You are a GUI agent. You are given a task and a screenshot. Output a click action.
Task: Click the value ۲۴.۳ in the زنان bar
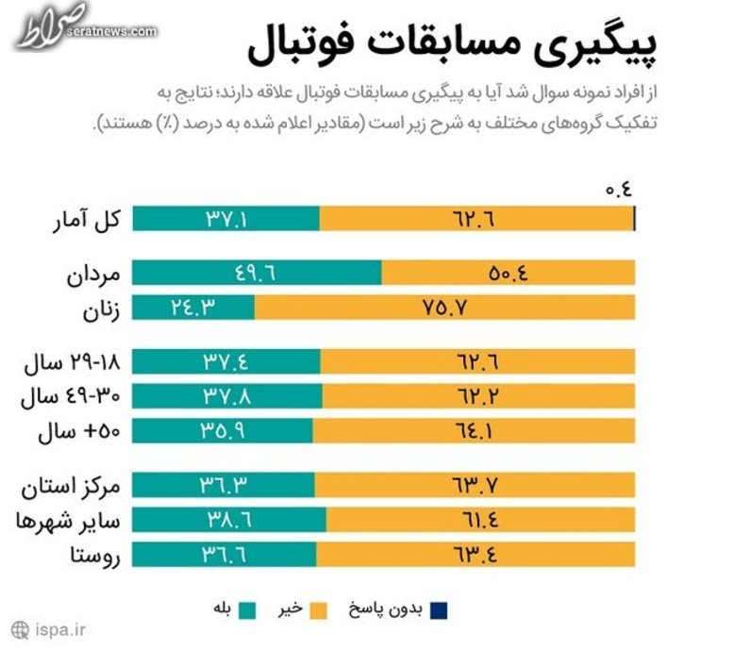coord(194,308)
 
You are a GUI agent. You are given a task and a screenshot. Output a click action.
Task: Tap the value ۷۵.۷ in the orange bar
coord(444,308)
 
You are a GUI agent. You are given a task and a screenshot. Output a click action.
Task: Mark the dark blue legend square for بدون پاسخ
coord(437,610)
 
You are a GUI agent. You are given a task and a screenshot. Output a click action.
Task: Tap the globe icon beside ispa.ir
coord(20,628)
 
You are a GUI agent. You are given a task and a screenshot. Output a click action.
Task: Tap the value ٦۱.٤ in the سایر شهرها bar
coord(476,520)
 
